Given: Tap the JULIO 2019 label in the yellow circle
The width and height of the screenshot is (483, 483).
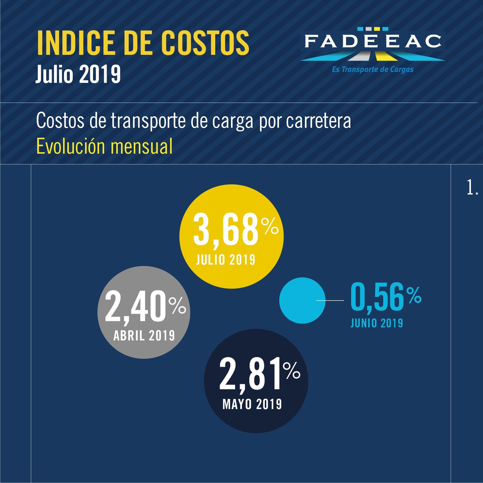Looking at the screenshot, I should [226, 260].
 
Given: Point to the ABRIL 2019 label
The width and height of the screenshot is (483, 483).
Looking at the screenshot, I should [144, 336].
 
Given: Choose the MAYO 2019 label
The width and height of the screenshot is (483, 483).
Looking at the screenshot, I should [252, 404].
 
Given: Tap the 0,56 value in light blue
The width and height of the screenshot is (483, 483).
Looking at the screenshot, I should [377, 297].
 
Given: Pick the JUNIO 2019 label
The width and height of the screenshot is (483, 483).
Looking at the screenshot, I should [377, 323].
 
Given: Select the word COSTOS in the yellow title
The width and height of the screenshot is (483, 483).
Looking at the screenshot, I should [205, 43].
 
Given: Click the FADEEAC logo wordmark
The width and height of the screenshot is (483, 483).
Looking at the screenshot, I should [373, 42].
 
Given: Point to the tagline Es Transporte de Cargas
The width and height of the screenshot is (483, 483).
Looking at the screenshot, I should [373, 69].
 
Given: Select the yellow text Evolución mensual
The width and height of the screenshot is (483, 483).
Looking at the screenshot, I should [104, 146].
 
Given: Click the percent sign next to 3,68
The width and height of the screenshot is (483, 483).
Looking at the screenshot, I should [270, 226].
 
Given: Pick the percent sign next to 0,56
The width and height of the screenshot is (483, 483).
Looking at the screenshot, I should [414, 295].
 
